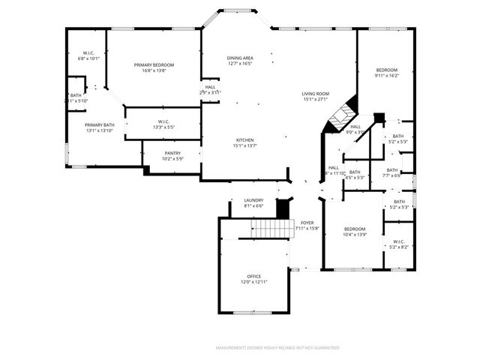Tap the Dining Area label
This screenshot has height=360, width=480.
pyautogui.click(x=240, y=61)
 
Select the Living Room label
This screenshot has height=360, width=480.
pyautogui.click(x=316, y=96)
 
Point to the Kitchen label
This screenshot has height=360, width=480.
pyautogui.click(x=245, y=142)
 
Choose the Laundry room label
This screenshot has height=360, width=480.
pyautogui.click(x=253, y=202)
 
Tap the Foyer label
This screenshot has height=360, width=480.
pyautogui.click(x=307, y=225)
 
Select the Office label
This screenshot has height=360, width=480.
pyautogui.click(x=253, y=279)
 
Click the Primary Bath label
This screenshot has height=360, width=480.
pyautogui.click(x=99, y=127)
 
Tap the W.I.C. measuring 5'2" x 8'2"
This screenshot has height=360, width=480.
pyautogui.click(x=399, y=244)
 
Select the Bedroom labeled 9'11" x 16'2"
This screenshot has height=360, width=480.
pyautogui.click(x=387, y=72)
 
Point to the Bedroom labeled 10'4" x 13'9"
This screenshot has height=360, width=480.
pyautogui.click(x=355, y=232)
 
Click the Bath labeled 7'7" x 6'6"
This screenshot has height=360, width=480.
pyautogui.click(x=392, y=172)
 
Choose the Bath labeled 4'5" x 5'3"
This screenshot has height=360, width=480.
pyautogui.click(x=355, y=175)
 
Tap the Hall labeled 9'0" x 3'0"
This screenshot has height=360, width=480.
pyautogui.click(x=355, y=129)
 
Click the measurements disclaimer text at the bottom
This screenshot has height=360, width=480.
pyautogui.click(x=277, y=348)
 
